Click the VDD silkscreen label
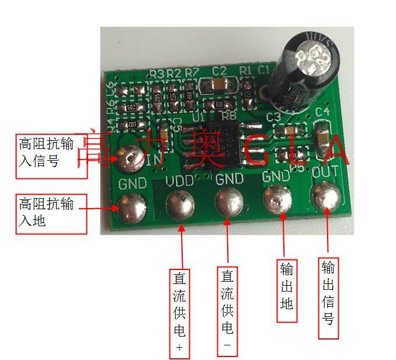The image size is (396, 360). (x=179, y=181)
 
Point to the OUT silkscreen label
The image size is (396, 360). (x=325, y=174)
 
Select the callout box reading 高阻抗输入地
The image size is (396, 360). (x=51, y=214)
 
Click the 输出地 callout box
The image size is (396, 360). (x=286, y=286)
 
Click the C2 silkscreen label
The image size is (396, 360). (x=220, y=71)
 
